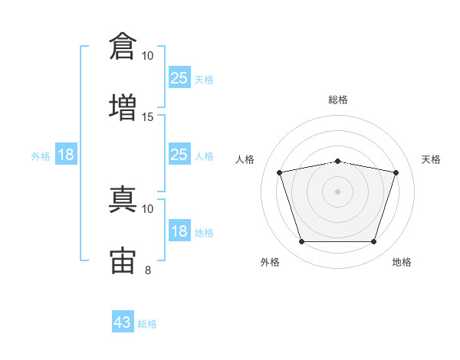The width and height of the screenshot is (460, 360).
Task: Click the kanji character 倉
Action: [123, 46]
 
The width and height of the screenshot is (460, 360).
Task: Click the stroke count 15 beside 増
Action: [148, 116]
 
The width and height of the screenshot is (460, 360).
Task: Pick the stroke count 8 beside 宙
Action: [148, 270]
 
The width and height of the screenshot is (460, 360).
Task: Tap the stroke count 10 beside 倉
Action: [148, 56]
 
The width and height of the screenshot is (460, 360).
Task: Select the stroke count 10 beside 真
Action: [148, 208]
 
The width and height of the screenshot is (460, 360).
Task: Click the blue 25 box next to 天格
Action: [179, 78]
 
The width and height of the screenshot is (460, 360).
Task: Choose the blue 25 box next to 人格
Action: [179, 155]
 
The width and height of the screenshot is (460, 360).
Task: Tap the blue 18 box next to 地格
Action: [179, 231]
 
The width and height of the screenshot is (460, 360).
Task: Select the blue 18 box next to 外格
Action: [66, 155]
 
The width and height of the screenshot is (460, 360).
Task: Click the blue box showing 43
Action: [123, 322]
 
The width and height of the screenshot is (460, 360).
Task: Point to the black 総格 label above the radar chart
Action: [338, 100]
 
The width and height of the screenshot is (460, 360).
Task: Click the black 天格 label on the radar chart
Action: [431, 159]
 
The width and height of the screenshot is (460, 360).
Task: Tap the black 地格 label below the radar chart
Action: [402, 262]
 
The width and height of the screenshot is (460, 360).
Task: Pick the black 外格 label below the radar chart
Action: [270, 262]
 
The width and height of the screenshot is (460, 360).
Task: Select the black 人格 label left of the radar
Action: [246, 159]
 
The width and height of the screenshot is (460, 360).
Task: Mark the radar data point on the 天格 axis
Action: [396, 172]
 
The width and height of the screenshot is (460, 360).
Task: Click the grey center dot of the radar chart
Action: [338, 191]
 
